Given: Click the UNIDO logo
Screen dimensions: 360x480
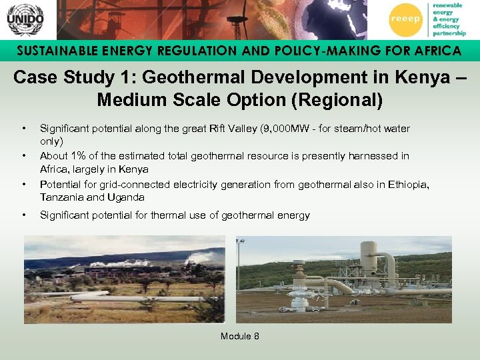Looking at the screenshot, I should (25, 19).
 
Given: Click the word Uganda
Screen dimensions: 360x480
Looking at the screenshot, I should (129, 198).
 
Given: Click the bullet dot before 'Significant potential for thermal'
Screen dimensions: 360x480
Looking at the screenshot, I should (24, 215).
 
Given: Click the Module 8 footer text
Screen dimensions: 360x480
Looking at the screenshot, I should (240, 336).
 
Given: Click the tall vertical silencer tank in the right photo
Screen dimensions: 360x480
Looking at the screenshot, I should (368, 260).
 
